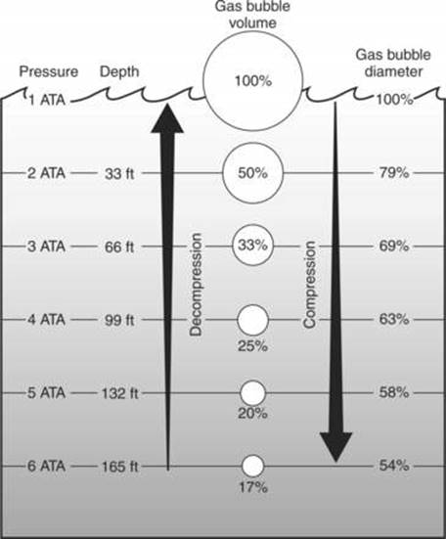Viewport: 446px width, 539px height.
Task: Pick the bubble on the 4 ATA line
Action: [x=252, y=320]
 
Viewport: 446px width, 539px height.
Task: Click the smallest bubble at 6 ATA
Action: [x=253, y=467]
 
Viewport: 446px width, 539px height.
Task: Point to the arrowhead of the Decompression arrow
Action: [x=167, y=116]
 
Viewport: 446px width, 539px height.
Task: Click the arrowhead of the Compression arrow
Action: [x=336, y=447]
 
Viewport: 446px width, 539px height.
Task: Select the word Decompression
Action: [x=196, y=285]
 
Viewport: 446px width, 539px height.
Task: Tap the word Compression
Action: [x=309, y=285]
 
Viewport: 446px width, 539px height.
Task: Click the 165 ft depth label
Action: [x=119, y=467]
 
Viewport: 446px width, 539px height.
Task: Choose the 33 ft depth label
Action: [x=119, y=173]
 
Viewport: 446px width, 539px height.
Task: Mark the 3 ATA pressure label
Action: [x=46, y=247]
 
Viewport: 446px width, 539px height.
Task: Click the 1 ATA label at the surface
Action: [x=47, y=100]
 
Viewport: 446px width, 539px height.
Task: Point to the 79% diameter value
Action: [x=394, y=172]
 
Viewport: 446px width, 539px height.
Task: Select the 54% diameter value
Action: [x=394, y=466]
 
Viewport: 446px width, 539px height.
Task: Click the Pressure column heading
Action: [x=49, y=71]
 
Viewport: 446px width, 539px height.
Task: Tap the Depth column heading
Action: [x=119, y=72]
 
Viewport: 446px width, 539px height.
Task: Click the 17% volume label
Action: [x=253, y=487]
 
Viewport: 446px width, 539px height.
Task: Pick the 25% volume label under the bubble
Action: [x=253, y=346]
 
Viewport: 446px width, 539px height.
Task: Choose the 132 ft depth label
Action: [x=119, y=393]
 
